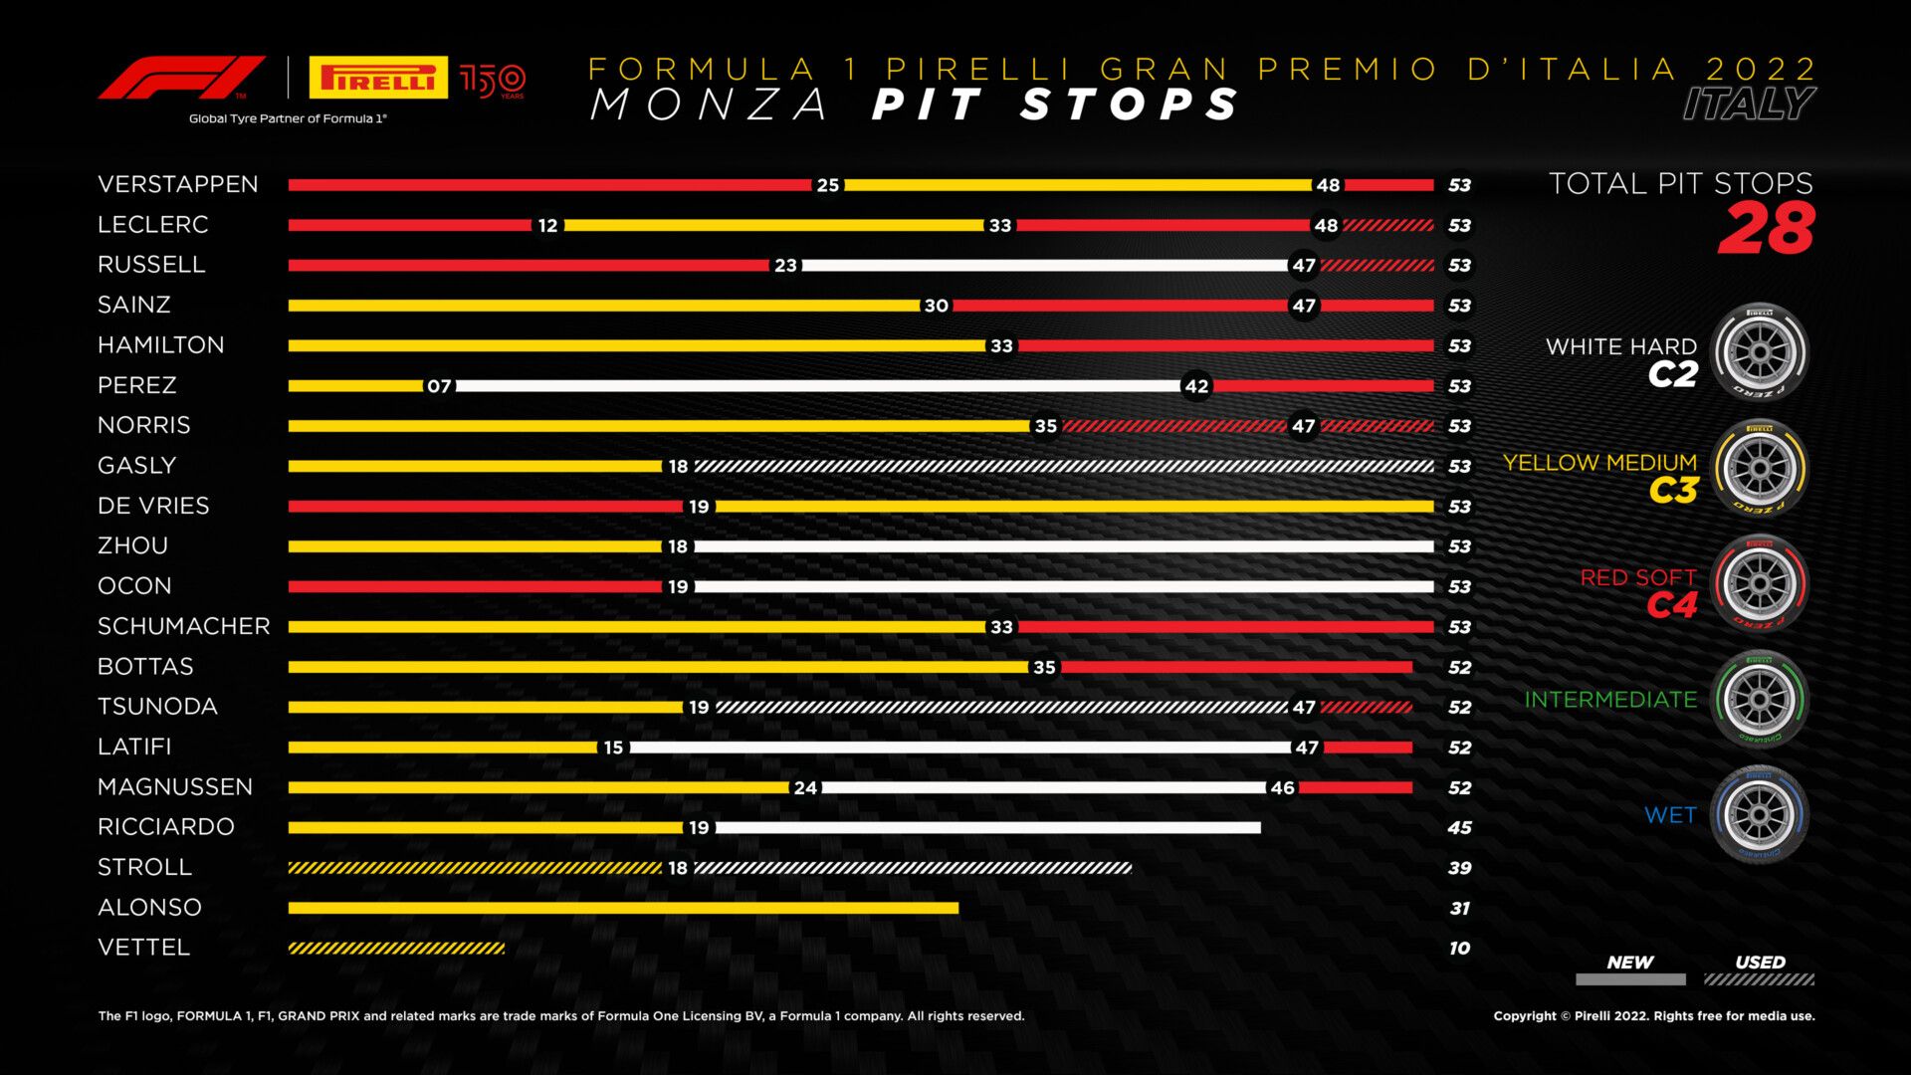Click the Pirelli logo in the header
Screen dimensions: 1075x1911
pyautogui.click(x=377, y=78)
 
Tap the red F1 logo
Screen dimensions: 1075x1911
pyautogui.click(x=181, y=78)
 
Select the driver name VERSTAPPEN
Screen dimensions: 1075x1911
pyautogui.click(x=178, y=184)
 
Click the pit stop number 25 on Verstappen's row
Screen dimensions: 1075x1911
pyautogui.click(x=827, y=185)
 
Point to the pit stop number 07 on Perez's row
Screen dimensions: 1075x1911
pyautogui.click(x=439, y=386)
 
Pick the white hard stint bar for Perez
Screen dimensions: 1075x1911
pyautogui.click(x=816, y=385)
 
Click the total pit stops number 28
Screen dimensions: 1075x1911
pyautogui.click(x=1766, y=229)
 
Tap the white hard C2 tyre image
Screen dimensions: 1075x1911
pyautogui.click(x=1760, y=352)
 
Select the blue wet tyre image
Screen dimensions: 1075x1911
pyautogui.click(x=1760, y=814)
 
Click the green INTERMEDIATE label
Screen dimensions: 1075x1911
pyautogui.click(x=1610, y=700)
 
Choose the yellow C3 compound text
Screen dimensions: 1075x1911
pyautogui.click(x=1672, y=491)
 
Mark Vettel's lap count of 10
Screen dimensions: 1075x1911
pyautogui.click(x=1459, y=949)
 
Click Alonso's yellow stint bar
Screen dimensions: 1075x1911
pyautogui.click(x=623, y=908)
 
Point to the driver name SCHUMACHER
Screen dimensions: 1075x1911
pyautogui.click(x=184, y=626)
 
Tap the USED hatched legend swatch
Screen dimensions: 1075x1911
pyautogui.click(x=1759, y=979)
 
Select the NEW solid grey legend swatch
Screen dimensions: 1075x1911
pyautogui.click(x=1630, y=979)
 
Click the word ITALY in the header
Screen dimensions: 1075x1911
pyautogui.click(x=1749, y=104)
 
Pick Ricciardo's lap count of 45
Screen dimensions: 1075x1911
pyautogui.click(x=1459, y=828)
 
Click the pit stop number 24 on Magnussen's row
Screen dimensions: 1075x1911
pyautogui.click(x=805, y=788)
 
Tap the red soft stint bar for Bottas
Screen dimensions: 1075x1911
pyautogui.click(x=1236, y=667)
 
